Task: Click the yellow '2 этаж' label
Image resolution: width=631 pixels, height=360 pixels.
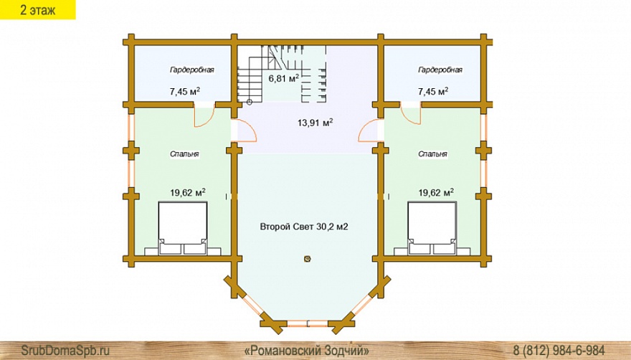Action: tap(37, 9)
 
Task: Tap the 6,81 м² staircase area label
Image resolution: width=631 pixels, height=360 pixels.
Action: tap(284, 77)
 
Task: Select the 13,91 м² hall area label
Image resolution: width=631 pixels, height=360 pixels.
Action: tap(315, 123)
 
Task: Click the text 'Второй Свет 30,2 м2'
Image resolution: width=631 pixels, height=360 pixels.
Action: tap(304, 227)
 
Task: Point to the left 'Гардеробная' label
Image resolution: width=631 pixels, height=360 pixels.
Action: tap(192, 70)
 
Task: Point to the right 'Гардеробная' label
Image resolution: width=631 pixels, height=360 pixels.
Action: tap(440, 70)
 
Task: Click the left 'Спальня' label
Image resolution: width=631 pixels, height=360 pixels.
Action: tap(184, 154)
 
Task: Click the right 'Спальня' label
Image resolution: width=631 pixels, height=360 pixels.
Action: tap(432, 154)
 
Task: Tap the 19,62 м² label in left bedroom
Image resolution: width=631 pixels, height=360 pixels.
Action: tap(188, 192)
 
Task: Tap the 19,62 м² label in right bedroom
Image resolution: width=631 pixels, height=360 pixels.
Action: tap(436, 192)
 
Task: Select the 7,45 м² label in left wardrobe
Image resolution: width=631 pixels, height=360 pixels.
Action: tap(185, 91)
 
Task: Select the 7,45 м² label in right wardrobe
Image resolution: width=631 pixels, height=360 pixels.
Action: tap(433, 91)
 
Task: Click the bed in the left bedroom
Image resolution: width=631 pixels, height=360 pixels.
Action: tap(183, 228)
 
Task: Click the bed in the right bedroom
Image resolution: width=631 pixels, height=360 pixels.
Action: tap(432, 228)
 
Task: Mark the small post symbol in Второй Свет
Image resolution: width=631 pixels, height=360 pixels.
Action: tap(308, 259)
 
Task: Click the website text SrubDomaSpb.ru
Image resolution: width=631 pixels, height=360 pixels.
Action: tap(65, 350)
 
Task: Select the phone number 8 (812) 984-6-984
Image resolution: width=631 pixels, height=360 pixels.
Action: tap(559, 350)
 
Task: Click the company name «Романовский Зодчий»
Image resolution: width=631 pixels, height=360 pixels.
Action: tap(307, 350)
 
